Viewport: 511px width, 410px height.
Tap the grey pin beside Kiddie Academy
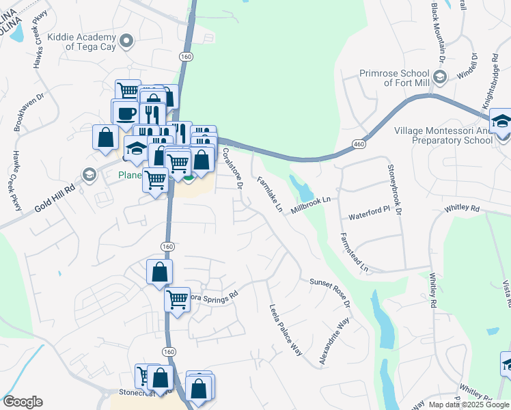coord(126,42)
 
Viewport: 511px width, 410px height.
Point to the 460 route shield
coord(359,144)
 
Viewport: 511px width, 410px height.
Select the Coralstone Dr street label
coord(232,168)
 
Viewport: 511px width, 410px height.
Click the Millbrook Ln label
coord(311,204)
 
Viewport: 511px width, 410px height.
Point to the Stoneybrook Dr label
coord(393,187)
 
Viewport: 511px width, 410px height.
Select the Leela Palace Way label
coord(286,330)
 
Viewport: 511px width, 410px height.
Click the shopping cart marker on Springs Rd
coord(178,299)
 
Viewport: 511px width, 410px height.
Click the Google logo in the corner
coord(23,402)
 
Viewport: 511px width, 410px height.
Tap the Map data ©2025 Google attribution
coord(468,405)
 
